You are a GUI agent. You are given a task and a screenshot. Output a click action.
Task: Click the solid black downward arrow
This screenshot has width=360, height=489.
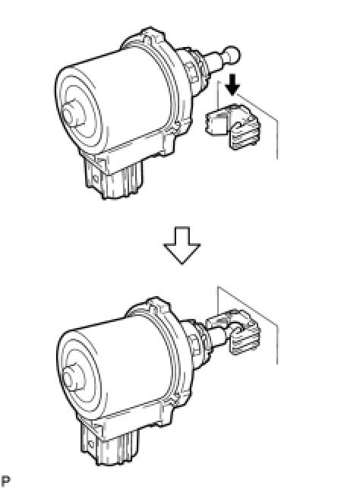232,84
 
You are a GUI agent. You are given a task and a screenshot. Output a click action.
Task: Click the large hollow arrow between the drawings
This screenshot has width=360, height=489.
182,245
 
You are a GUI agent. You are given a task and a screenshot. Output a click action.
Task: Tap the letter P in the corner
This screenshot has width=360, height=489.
5,481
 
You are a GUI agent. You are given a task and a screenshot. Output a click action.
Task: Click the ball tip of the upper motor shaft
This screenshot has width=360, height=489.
232,54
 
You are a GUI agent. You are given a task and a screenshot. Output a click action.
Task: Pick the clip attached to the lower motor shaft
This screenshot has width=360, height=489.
234,332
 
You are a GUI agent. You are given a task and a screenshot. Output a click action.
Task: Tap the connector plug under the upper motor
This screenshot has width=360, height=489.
114,178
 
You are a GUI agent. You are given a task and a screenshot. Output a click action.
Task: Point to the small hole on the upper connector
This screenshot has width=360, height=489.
96,179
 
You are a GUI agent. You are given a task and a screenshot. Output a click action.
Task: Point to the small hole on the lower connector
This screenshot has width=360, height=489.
90,443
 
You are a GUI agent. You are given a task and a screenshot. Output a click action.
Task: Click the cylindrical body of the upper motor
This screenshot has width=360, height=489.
118,99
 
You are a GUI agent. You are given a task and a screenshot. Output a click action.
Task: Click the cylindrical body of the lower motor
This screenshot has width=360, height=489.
122,368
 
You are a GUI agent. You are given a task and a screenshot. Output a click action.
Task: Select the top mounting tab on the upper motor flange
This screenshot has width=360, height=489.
152,33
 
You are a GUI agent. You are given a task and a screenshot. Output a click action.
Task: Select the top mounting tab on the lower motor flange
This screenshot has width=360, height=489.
158,303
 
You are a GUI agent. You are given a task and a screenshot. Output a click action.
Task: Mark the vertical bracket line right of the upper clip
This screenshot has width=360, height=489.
277,139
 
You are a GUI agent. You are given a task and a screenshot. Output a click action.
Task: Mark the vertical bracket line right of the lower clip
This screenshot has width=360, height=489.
277,344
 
